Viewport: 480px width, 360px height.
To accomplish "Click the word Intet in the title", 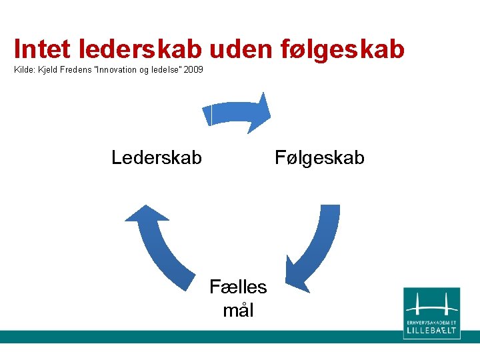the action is (43, 49).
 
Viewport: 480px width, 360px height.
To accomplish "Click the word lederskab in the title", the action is (142, 49).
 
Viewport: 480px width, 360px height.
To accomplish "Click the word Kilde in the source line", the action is (25, 69).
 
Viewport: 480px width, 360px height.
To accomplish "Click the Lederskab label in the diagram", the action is (157, 158).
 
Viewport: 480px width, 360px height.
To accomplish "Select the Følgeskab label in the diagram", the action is (320, 158).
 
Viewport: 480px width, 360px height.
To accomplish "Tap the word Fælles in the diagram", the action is (238, 287).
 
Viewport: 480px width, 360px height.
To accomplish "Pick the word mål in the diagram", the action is (238, 310).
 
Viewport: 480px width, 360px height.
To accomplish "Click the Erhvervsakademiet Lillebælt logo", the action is (431, 313).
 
